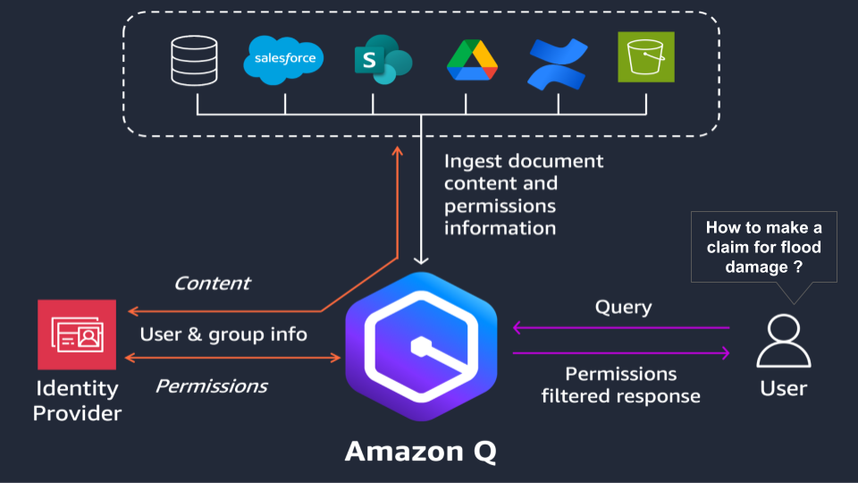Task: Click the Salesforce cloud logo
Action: (284, 58)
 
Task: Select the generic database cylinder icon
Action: (196, 59)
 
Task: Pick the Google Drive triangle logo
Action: (470, 61)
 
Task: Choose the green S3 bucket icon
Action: (646, 58)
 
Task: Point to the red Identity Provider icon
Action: (77, 335)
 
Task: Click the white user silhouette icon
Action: (783, 341)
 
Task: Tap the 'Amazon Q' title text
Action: (420, 452)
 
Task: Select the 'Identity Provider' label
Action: (77, 401)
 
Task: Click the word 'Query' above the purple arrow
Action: (623, 308)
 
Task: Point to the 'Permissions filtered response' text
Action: (621, 385)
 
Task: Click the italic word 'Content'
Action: (212, 284)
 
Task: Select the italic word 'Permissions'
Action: (211, 386)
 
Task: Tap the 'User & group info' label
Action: (223, 335)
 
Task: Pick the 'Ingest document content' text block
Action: (524, 194)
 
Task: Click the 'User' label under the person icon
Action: (783, 388)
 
